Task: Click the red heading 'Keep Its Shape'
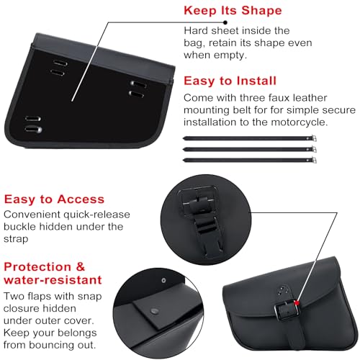pyautogui.click(x=233, y=11)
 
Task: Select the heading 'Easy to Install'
pyautogui.click(x=230, y=81)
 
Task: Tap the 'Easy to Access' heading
pyautogui.click(x=54, y=199)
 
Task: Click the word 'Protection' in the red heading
pyautogui.click(x=37, y=266)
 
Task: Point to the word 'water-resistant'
pyautogui.click(x=53, y=280)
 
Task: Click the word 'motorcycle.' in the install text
pyautogui.click(x=300, y=122)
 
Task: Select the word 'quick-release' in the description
pyautogui.click(x=96, y=215)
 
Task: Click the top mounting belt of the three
pyautogui.click(x=250, y=138)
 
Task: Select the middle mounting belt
pyautogui.click(x=250, y=149)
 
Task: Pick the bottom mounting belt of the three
pyautogui.click(x=250, y=160)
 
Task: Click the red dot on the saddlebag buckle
pyautogui.click(x=297, y=303)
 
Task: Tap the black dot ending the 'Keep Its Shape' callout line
pyautogui.click(x=225, y=22)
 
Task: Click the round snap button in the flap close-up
pyautogui.click(x=154, y=311)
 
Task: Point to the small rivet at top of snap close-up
pyautogui.click(x=163, y=280)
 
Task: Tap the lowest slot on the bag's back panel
pyautogui.click(x=34, y=130)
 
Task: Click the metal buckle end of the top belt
pyautogui.click(x=313, y=138)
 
